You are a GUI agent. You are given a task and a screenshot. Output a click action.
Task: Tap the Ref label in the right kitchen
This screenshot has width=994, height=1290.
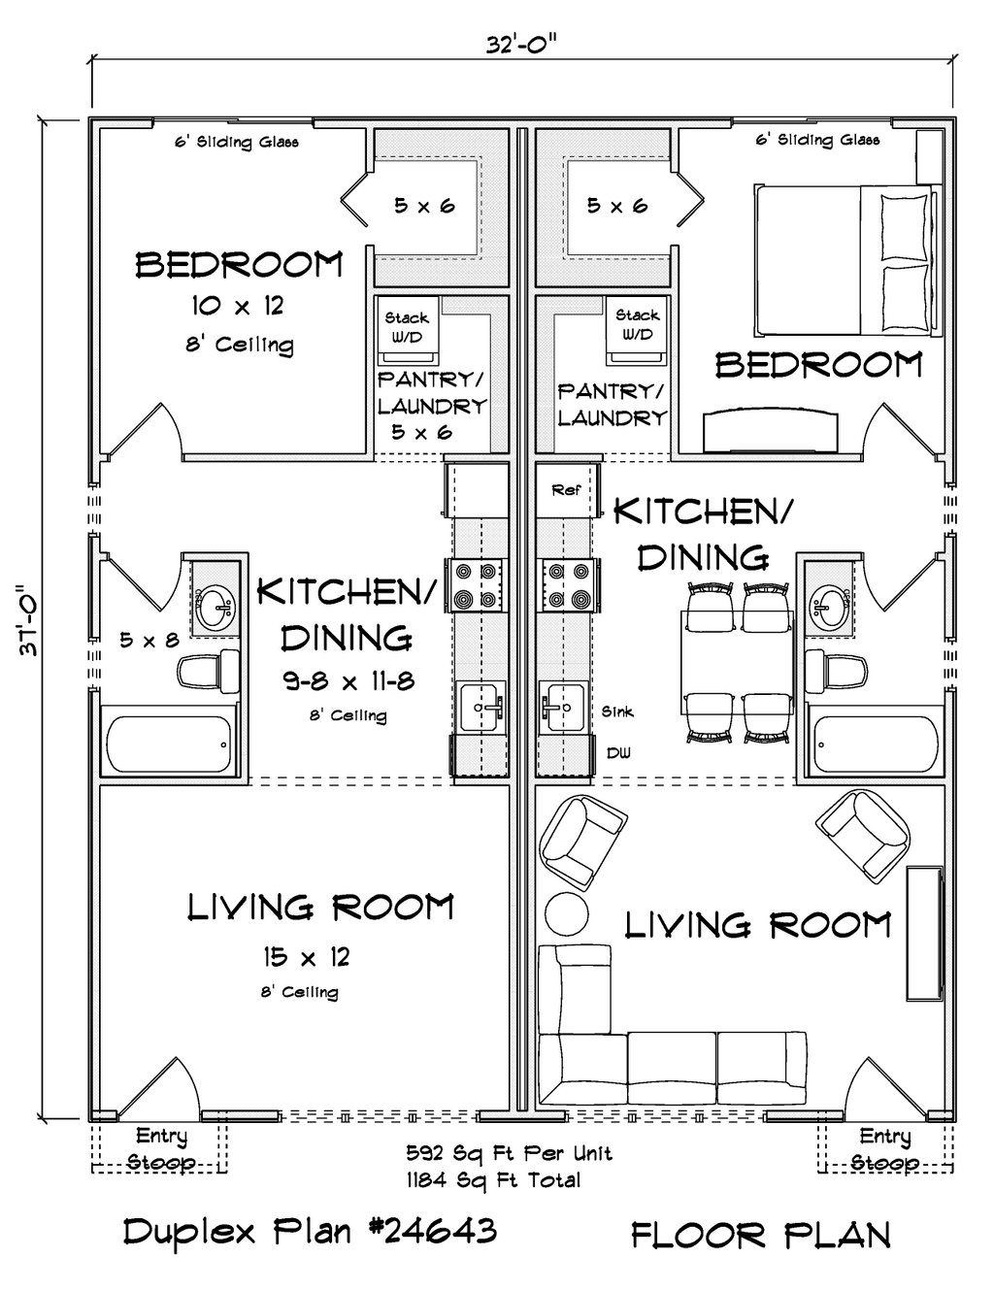tap(565, 490)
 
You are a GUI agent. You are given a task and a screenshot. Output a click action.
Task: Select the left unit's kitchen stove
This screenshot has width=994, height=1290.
tap(477, 585)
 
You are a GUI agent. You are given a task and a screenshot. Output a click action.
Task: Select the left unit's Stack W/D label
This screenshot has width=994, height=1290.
tap(407, 326)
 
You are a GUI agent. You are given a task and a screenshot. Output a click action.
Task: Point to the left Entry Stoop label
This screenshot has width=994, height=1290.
tap(161, 1148)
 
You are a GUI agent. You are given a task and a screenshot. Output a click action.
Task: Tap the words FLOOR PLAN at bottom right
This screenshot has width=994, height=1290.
tap(760, 1235)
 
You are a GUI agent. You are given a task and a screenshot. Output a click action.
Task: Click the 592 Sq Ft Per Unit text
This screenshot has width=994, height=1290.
tap(509, 1154)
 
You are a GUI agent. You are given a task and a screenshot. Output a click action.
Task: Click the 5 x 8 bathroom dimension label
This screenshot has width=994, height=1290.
tap(149, 640)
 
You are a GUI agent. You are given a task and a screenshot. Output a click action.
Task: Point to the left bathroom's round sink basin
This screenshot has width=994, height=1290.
tap(213, 609)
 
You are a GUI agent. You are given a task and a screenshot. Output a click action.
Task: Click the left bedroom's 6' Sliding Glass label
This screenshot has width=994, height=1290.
tap(236, 142)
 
